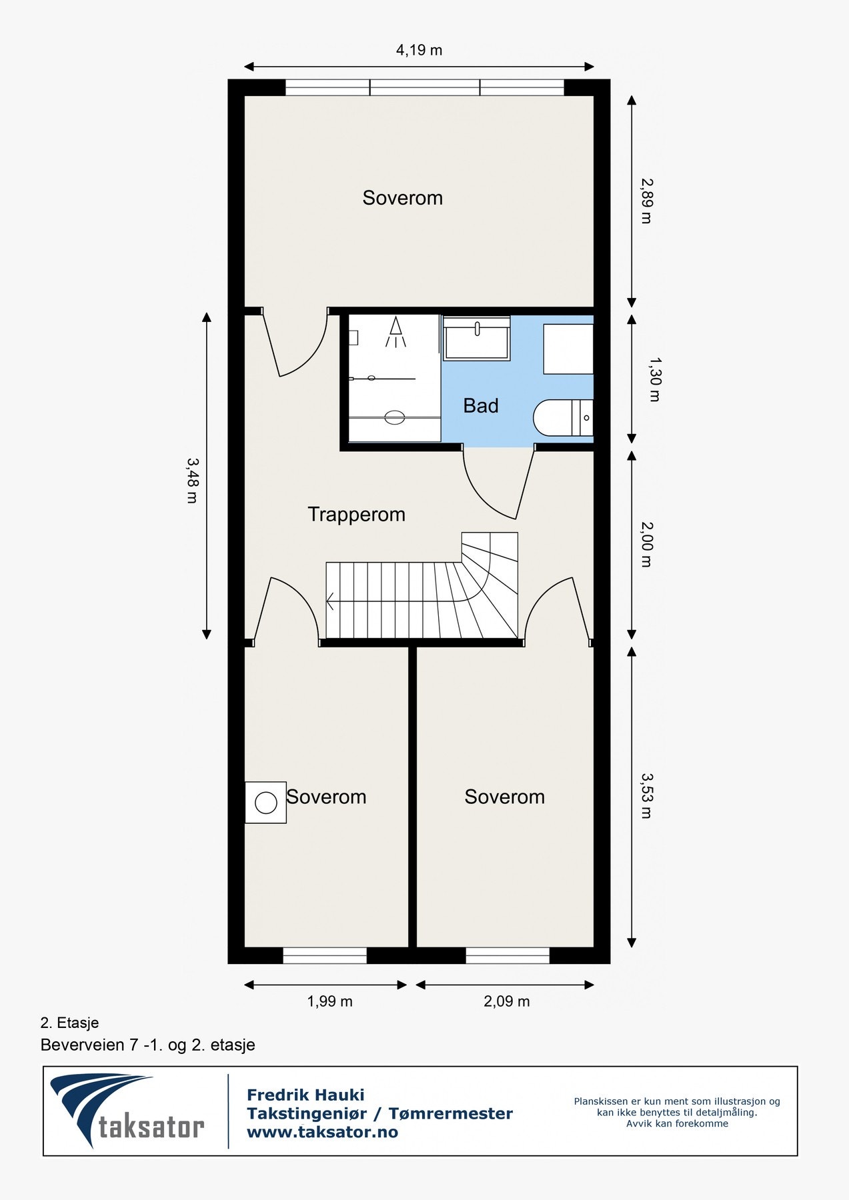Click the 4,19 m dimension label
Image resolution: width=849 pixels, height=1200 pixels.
[419, 50]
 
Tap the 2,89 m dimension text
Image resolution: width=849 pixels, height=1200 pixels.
[646, 200]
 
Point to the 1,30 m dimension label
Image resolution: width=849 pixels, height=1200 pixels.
[654, 379]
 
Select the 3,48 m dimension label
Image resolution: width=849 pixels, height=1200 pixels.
[192, 480]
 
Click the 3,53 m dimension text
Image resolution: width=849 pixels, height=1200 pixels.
[646, 795]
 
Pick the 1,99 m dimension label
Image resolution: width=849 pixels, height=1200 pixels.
[329, 1001]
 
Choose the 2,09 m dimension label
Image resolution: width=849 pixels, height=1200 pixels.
[507, 1001]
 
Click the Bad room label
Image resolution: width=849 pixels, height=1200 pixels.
[481, 405]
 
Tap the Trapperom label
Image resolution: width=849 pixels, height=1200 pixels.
[356, 514]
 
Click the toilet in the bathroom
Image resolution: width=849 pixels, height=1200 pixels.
[564, 418]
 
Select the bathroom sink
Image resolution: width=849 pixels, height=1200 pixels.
[477, 338]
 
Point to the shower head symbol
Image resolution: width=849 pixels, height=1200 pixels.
[396, 332]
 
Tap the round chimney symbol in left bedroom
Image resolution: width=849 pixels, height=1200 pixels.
[266, 803]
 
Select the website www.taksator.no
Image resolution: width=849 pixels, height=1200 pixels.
[322, 1132]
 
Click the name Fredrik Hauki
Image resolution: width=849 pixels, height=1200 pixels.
[305, 1095]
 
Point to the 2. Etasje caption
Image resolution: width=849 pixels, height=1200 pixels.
[69, 1023]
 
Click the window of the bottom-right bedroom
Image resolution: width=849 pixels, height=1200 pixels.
[508, 955]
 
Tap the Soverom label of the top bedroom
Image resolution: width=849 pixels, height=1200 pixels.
[402, 198]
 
